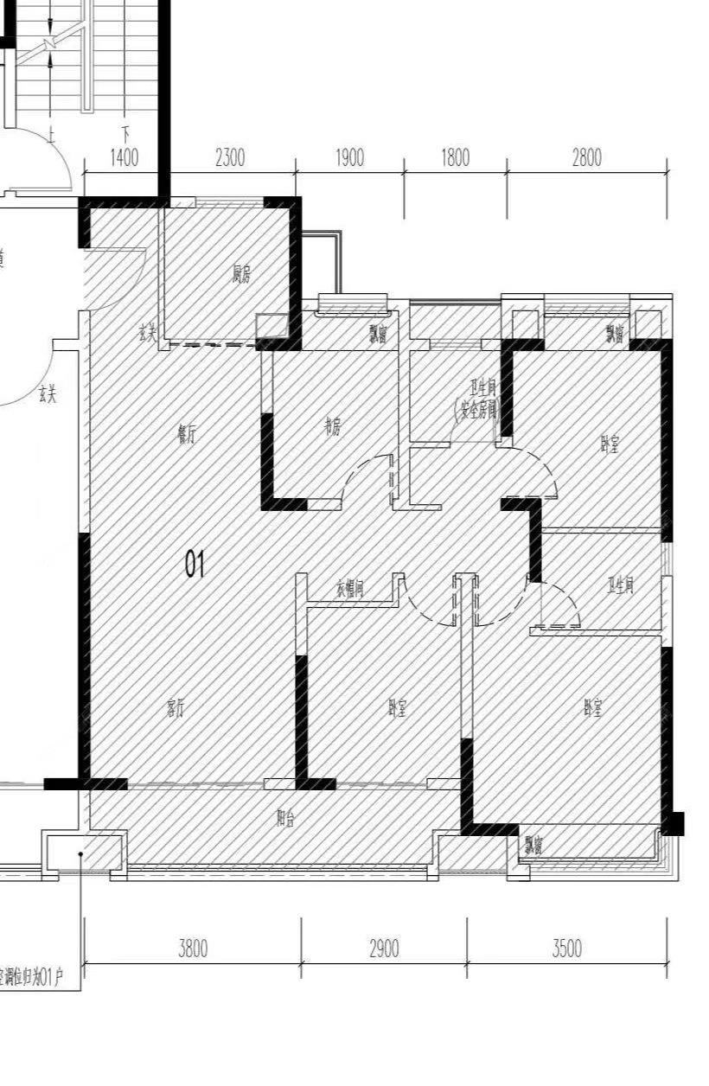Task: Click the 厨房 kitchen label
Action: pyautogui.click(x=241, y=276)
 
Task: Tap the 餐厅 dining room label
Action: pyautogui.click(x=186, y=436)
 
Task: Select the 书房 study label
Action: pyautogui.click(x=332, y=427)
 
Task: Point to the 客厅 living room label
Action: pyautogui.click(x=175, y=708)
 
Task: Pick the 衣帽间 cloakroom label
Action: pyautogui.click(x=349, y=589)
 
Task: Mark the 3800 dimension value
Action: pyautogui.click(x=193, y=949)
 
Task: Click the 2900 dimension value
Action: pyautogui.click(x=384, y=949)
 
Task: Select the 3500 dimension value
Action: pyautogui.click(x=566, y=949)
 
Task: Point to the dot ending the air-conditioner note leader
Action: pyautogui.click(x=80, y=854)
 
